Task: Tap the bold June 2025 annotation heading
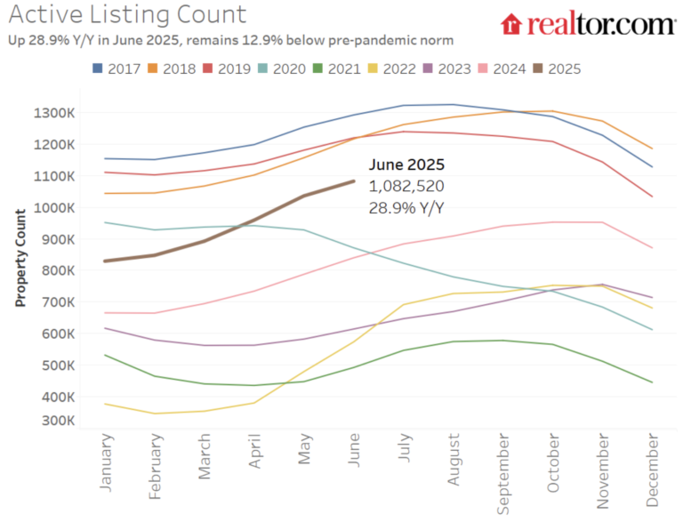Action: (x=406, y=165)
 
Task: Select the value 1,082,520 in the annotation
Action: (x=406, y=186)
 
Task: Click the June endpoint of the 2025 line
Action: (x=354, y=181)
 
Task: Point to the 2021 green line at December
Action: (x=653, y=382)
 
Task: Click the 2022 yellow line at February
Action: (x=155, y=414)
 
